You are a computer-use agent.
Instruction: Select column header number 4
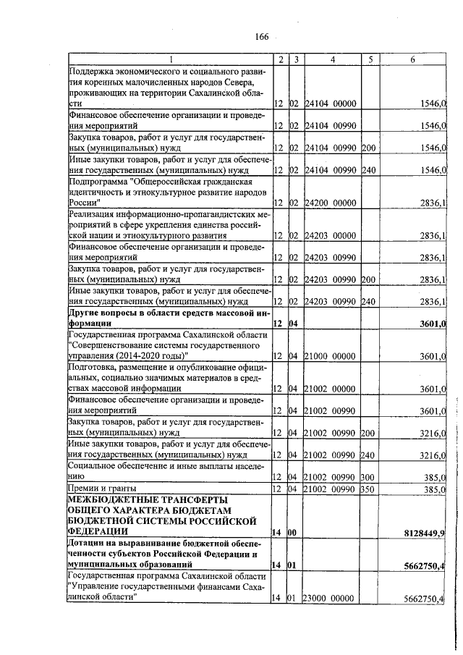pyautogui.click(x=332, y=59)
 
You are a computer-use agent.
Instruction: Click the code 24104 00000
pyautogui.click(x=330, y=105)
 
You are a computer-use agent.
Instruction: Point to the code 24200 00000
pyautogui.click(x=330, y=204)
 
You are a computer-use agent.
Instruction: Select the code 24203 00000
pyautogui.click(x=330, y=236)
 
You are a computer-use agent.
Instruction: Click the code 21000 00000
pyautogui.click(x=330, y=356)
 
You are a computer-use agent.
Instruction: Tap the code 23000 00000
pyautogui.click(x=330, y=598)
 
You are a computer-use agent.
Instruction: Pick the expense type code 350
pyautogui.click(x=368, y=489)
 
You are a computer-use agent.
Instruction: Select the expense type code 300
pyautogui.click(x=368, y=478)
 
